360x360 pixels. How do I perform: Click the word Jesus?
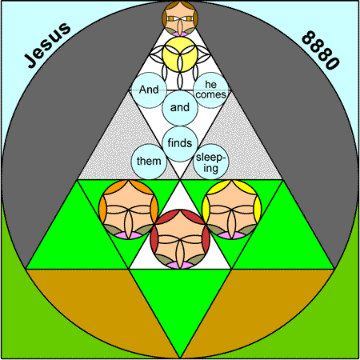[x=47, y=45]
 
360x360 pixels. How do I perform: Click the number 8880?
[x=321, y=50]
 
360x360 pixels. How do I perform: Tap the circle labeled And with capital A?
[x=149, y=90]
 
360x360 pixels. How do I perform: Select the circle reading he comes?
[x=211, y=90]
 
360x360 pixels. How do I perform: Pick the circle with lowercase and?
[x=180, y=108]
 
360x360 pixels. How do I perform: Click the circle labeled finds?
[x=180, y=144]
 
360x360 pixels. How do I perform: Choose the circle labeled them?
[x=149, y=162]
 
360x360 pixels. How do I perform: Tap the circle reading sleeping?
[x=211, y=162]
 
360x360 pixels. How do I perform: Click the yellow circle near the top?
[x=180, y=54]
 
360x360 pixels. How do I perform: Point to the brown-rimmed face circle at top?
[x=180, y=18]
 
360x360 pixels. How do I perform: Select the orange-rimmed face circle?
[x=129, y=210]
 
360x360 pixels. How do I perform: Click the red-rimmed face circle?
[x=180, y=239]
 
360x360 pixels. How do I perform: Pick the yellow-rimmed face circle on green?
[x=232, y=210]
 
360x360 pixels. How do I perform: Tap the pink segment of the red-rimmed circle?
[x=180, y=266]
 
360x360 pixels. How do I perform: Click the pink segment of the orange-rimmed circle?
[x=129, y=236]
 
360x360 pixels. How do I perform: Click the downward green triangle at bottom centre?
[x=180, y=298]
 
